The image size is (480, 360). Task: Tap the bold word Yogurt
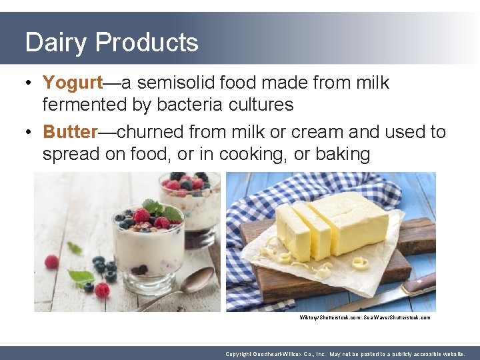coord(73,83)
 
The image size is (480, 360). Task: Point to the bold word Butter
coord(70,132)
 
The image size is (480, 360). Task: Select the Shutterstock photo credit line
coord(365,317)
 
